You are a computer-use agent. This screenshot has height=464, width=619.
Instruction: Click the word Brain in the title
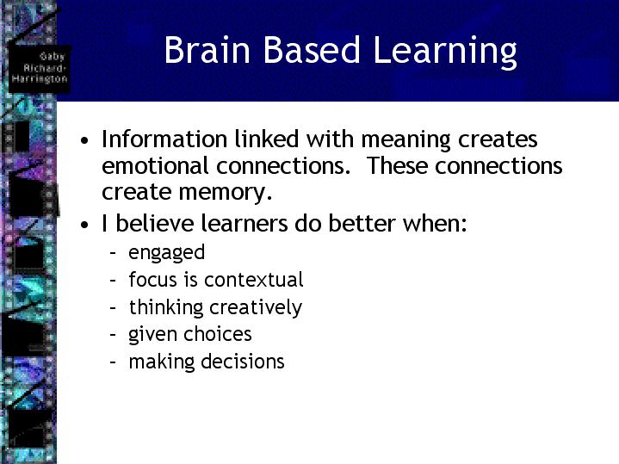click(207, 50)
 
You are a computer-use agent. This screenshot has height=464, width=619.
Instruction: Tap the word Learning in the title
click(444, 53)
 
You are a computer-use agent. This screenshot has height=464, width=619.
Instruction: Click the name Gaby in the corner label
click(52, 57)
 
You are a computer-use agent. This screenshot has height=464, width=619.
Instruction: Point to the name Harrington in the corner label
click(40, 78)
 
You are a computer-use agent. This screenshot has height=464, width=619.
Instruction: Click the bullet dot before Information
click(84, 140)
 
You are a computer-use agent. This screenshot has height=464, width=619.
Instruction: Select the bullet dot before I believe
click(84, 225)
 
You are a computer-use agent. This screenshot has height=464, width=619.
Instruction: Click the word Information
click(164, 139)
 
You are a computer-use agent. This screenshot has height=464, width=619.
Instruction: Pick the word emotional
click(155, 165)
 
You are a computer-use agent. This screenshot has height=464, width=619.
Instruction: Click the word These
click(398, 165)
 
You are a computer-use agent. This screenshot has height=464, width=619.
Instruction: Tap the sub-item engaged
click(167, 253)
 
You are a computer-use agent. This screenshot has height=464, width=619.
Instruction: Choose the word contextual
click(254, 280)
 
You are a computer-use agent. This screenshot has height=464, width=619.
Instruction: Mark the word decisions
click(243, 362)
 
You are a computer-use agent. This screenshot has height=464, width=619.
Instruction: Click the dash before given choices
click(113, 335)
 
